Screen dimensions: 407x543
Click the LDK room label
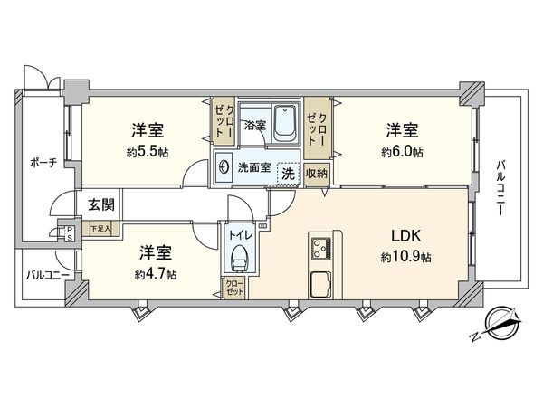[405, 236]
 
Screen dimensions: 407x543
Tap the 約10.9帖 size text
[405, 257]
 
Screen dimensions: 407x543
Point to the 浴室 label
[254, 125]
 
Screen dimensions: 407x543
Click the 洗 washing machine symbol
[287, 169]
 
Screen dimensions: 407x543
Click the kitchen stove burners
[321, 246]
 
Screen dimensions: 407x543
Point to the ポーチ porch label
[42, 163]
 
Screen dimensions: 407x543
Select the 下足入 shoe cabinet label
[100, 228]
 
